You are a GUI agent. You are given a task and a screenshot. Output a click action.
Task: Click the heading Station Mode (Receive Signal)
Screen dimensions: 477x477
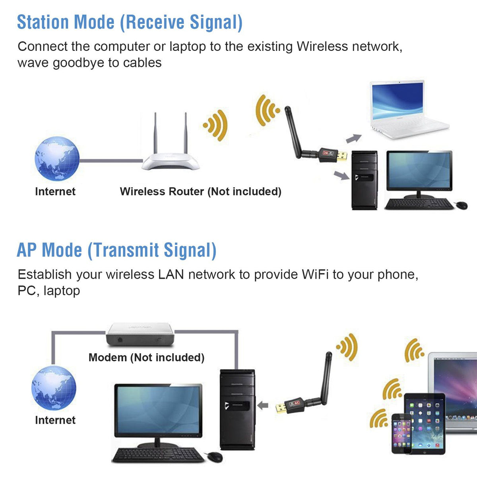point(130,22)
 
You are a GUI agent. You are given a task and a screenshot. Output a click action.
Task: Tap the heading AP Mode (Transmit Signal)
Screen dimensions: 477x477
point(116,250)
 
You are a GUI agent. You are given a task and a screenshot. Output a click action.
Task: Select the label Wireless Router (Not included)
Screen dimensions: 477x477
point(200,191)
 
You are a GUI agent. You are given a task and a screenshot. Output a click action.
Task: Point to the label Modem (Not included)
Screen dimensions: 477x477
point(147,357)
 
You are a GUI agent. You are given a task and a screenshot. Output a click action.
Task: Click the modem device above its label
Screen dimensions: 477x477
point(140,334)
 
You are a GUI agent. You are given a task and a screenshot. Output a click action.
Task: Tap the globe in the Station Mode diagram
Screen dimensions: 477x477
point(57,159)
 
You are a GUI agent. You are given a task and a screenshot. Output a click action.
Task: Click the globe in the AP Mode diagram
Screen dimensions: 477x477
point(54,388)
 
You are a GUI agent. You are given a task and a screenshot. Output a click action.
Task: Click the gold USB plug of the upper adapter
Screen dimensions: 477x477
point(342,156)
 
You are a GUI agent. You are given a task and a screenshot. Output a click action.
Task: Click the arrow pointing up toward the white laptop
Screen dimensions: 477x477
point(354,138)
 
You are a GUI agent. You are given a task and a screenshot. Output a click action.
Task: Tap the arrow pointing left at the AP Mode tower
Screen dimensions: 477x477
point(263,405)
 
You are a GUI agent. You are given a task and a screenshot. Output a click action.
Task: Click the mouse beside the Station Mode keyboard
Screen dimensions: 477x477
point(461,205)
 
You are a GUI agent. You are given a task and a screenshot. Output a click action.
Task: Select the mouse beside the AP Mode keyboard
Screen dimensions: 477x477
point(215,457)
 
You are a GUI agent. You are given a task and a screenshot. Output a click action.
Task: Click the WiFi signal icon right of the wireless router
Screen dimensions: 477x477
point(215,125)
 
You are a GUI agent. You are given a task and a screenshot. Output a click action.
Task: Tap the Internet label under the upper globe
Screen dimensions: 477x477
point(55,191)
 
